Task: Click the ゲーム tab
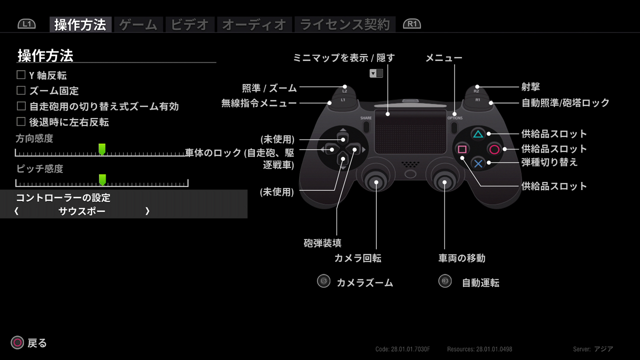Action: click(x=138, y=24)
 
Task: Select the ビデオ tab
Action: click(x=189, y=24)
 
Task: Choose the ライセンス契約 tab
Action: click(x=345, y=24)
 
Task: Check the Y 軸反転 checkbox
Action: click(x=21, y=75)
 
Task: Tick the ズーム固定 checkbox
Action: click(x=21, y=90)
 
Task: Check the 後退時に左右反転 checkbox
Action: click(x=21, y=121)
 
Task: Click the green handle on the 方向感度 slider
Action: click(x=102, y=149)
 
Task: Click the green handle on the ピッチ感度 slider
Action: click(x=102, y=179)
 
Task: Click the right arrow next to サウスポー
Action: click(x=147, y=211)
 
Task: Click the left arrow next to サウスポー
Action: click(x=16, y=211)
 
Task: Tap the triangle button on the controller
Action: click(x=478, y=134)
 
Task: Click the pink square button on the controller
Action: click(x=462, y=149)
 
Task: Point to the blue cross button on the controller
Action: click(x=478, y=163)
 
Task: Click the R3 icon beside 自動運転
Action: click(x=445, y=281)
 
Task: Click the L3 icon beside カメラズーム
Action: click(x=323, y=281)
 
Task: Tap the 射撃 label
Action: click(x=530, y=87)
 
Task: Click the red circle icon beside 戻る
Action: click(x=17, y=342)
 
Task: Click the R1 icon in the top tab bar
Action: click(x=411, y=24)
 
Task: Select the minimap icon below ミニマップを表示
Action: click(x=376, y=73)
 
